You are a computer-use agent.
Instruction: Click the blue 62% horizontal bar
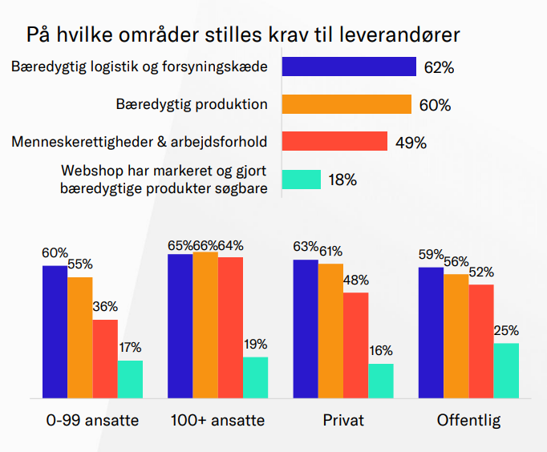tap(349, 67)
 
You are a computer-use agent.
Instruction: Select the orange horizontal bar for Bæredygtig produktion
tap(346, 104)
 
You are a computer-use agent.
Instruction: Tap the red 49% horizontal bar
tap(334, 142)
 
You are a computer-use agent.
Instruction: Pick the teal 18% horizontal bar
tap(302, 180)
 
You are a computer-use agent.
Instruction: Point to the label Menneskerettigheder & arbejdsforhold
tap(140, 142)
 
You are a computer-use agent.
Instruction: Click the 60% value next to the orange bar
tap(435, 105)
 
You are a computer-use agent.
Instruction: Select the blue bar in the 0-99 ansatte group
tap(55, 331)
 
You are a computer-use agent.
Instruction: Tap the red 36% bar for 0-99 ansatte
tap(105, 358)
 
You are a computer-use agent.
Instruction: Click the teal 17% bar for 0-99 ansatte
tap(130, 379)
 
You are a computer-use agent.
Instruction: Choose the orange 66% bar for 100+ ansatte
tap(205, 325)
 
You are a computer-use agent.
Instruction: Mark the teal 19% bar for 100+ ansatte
tap(255, 377)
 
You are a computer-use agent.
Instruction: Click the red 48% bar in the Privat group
tap(356, 345)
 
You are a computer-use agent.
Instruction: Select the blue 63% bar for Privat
tap(306, 329)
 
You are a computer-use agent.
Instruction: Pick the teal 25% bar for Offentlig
tap(506, 370)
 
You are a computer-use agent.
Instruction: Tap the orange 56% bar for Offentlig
tap(456, 336)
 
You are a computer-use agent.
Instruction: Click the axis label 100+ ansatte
tap(217, 421)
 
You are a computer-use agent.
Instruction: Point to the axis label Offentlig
tap(468, 421)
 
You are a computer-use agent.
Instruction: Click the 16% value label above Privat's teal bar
tap(381, 351)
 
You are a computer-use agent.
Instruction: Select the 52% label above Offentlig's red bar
tap(482, 272)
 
